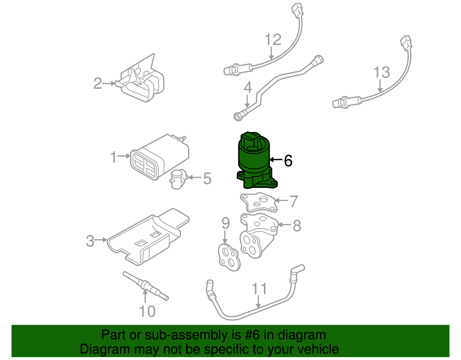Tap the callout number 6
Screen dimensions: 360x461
288,161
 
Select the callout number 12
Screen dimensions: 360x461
273,40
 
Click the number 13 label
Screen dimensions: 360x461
381,72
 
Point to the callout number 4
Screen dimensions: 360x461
248,88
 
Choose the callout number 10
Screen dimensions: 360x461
147,312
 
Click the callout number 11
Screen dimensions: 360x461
259,289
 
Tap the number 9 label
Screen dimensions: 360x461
226,223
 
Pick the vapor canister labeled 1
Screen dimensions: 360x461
160,157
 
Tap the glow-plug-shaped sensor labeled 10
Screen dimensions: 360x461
146,285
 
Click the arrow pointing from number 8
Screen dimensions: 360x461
285,225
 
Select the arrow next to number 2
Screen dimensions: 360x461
109,84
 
